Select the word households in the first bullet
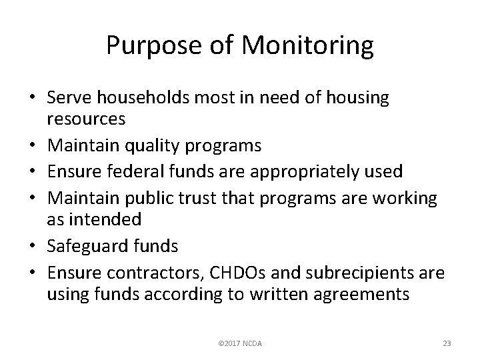click(139, 98)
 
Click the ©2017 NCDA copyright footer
click(240, 343)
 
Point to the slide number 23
click(447, 343)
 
